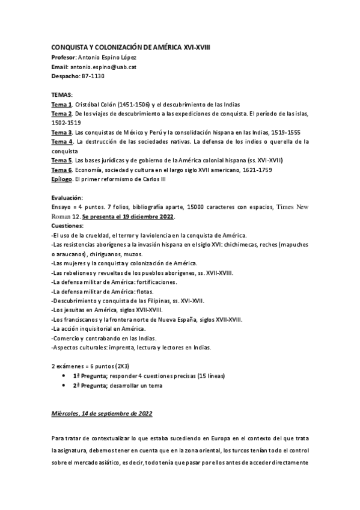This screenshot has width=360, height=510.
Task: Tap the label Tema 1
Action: (x=61, y=104)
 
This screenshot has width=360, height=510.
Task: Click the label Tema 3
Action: (x=61, y=132)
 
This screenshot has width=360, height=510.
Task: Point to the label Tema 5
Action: (x=61, y=161)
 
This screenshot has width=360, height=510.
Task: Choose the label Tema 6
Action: (x=61, y=170)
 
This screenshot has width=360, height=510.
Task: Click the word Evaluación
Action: (x=67, y=197)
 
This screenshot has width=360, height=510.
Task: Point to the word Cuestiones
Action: (x=67, y=226)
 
